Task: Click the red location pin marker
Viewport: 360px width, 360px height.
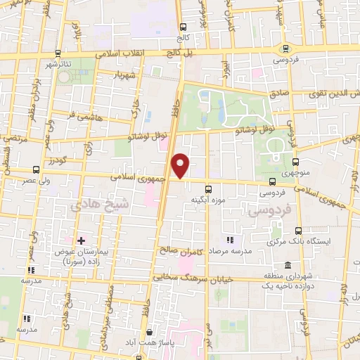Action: (x=181, y=166)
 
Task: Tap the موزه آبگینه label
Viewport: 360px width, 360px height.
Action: (x=207, y=200)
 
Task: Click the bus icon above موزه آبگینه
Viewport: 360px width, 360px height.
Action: (x=207, y=189)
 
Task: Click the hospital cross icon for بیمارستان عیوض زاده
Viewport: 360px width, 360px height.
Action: (x=82, y=240)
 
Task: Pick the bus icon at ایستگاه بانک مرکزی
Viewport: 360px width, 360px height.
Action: (x=298, y=231)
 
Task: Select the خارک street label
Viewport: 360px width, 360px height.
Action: (x=137, y=107)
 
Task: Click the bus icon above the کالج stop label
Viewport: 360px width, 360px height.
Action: (x=182, y=27)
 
